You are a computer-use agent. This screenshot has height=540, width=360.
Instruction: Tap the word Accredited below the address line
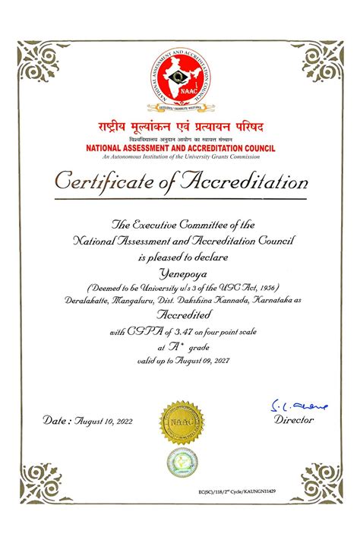click(180, 316)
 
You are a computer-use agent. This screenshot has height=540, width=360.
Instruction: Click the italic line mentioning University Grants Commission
click(180, 156)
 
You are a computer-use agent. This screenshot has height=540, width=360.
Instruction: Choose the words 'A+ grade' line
click(180, 346)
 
